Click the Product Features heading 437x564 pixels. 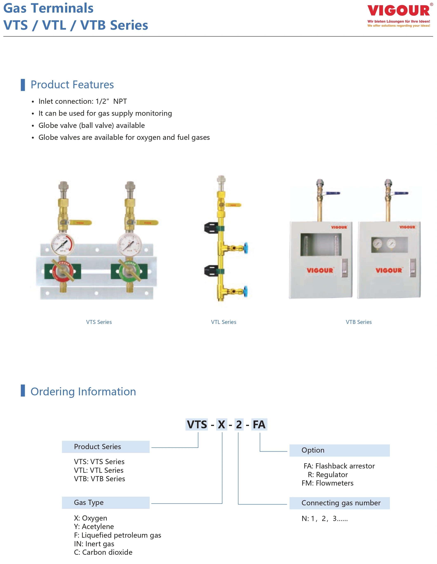(72, 85)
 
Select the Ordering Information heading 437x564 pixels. (83, 392)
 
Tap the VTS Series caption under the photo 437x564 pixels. (99, 322)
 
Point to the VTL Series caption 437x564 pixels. (223, 322)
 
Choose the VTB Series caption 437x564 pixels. (359, 322)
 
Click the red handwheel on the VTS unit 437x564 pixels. (63, 271)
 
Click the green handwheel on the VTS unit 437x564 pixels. (129, 271)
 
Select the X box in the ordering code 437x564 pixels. (221, 425)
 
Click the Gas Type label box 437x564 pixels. (106, 503)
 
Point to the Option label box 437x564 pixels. (339, 450)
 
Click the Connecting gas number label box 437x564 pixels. (339, 503)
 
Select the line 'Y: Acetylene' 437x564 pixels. (94, 527)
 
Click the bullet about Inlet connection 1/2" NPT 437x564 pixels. (82, 102)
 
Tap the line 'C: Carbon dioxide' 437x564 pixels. (103, 552)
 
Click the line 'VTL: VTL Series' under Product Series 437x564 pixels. (99, 470)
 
